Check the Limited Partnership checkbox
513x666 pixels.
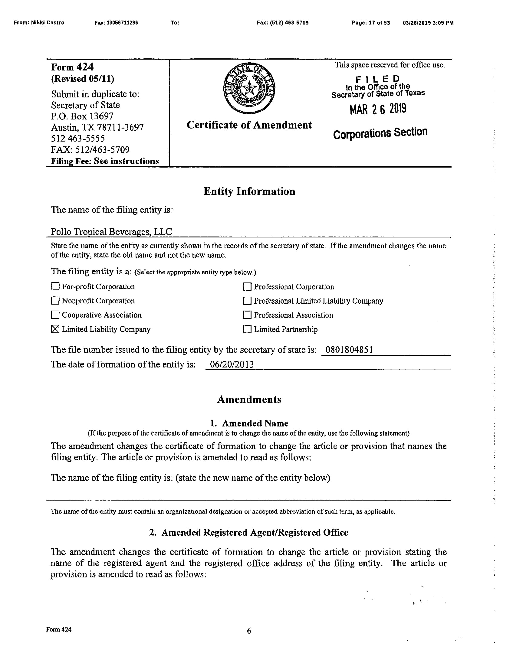[x=247, y=329]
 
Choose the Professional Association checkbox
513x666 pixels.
[x=247, y=315]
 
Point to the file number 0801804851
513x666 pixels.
[x=349, y=350]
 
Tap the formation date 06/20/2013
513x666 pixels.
[x=232, y=365]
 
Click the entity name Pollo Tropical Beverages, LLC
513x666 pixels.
[x=111, y=232]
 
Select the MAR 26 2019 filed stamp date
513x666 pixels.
[x=378, y=109]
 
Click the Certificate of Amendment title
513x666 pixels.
[x=249, y=125]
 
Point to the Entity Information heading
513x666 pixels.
[x=249, y=191]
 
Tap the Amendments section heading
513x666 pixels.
[x=249, y=400]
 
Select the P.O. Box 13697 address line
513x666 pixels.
[x=82, y=116]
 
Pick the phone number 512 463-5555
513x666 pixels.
[x=78, y=139]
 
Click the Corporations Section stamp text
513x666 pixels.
[x=380, y=133]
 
